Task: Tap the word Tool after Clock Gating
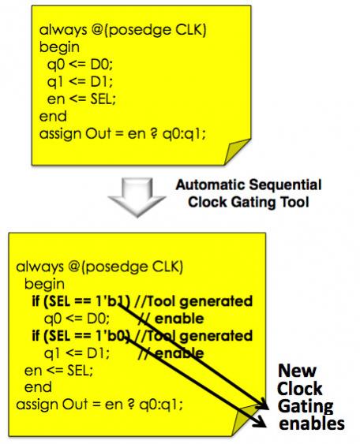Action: tap(294, 202)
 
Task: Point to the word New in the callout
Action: tap(297, 371)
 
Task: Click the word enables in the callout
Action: tap(312, 423)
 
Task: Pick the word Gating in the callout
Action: tap(306, 407)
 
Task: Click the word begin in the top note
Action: tap(59, 47)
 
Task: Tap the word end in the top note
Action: tap(53, 117)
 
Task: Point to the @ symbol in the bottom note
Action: tap(74, 267)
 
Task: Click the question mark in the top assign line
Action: tap(154, 133)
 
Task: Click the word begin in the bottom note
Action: tap(44, 285)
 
